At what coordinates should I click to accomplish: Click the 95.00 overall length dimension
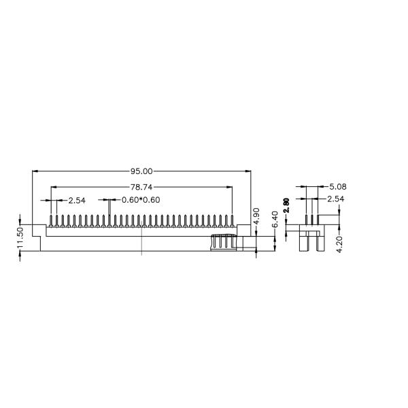pos(141,171)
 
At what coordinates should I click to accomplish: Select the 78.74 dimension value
pos(141,187)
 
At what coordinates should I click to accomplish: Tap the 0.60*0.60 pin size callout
pos(141,200)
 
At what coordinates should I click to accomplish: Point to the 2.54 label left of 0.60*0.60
pos(77,201)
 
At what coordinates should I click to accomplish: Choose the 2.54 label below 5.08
pos(335,199)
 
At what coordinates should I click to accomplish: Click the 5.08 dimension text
pos(338,186)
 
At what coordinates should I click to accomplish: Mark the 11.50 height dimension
pos(20,238)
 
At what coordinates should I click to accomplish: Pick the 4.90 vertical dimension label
pos(256,216)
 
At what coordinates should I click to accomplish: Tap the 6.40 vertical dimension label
pos(275,220)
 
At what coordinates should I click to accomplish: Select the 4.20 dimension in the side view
pos(339,244)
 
